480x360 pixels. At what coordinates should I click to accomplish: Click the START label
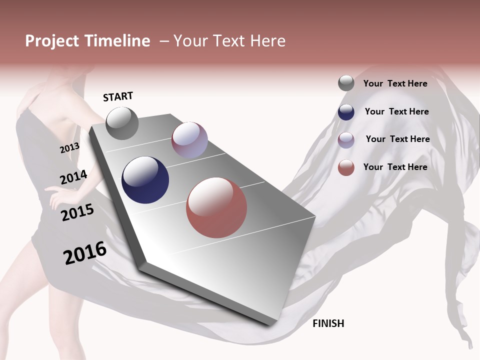[118, 96]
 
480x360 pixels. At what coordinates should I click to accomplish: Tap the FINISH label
[328, 323]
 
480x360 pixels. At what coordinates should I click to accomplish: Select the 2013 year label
[69, 148]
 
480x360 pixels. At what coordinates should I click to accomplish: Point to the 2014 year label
[73, 177]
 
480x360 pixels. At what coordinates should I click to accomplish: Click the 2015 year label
[77, 212]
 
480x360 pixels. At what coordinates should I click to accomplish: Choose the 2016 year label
[85, 253]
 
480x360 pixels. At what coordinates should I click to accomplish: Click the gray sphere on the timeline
[122, 123]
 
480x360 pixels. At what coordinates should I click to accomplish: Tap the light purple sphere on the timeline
[189, 140]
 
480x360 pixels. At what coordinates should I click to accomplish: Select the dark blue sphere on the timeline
[145, 180]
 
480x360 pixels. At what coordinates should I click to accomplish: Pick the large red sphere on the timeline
[216, 207]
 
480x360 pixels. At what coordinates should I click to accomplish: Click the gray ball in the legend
[346, 83]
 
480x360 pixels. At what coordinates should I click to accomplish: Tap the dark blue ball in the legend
[346, 112]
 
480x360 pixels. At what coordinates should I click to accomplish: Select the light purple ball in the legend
[346, 140]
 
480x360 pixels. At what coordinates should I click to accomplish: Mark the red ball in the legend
[346, 167]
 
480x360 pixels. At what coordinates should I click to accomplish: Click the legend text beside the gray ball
[395, 83]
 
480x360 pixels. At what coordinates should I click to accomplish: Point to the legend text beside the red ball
[395, 167]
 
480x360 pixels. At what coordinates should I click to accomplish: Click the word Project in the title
[52, 41]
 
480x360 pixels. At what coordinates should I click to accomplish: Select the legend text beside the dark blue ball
[396, 111]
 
